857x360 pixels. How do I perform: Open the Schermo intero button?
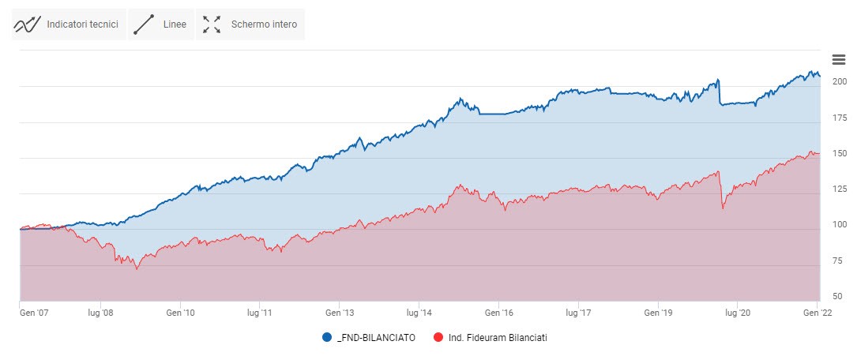tap(250, 24)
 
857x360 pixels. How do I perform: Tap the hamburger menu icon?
tap(839, 60)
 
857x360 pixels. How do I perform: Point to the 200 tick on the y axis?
tap(839, 81)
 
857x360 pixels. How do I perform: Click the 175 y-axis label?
tap(839, 118)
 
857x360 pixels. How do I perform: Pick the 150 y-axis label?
tap(839, 153)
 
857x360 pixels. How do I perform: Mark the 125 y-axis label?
tap(839, 189)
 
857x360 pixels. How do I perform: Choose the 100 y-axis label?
tap(839, 224)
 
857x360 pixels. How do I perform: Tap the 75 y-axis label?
tap(839, 260)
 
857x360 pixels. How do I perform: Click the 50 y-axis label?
tap(839, 295)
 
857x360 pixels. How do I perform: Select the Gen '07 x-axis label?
tap(34, 313)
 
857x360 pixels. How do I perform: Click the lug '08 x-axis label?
tap(102, 313)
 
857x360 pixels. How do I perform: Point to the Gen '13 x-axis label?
tap(340, 313)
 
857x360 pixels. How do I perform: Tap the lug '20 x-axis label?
tap(737, 313)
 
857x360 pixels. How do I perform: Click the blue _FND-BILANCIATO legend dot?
tap(328, 338)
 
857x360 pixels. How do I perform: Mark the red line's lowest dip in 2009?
tap(137, 269)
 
